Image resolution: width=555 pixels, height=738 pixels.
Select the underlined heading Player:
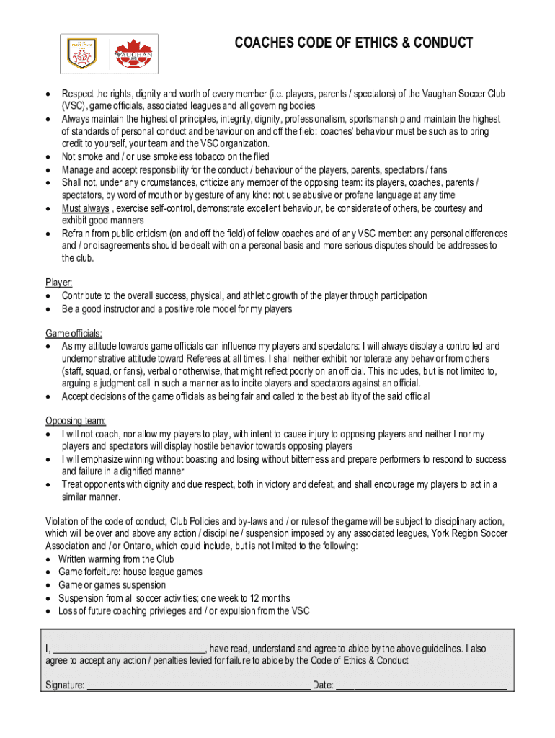[x=59, y=283]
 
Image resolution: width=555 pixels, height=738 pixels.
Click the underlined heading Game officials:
[x=74, y=334]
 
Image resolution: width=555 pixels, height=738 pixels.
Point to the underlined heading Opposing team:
[x=76, y=422]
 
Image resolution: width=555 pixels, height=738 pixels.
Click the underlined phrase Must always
[x=86, y=208]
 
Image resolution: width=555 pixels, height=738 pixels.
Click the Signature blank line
[x=198, y=685]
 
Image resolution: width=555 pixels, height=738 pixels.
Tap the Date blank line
[x=421, y=685]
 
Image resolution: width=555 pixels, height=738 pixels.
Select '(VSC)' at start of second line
[x=74, y=106]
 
